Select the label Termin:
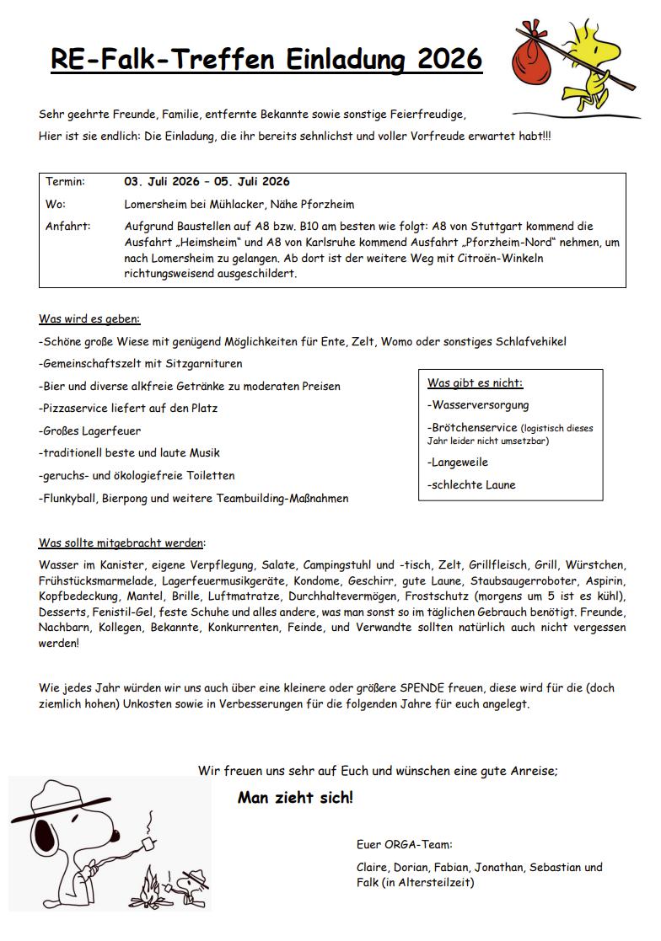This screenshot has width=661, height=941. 65,182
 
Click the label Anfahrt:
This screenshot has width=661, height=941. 67,227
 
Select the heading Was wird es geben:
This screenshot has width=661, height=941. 89,319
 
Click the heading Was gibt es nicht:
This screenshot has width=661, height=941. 475,383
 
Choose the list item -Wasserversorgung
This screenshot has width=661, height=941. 478,405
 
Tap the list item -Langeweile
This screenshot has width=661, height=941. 458,462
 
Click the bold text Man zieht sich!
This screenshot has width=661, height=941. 295,798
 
